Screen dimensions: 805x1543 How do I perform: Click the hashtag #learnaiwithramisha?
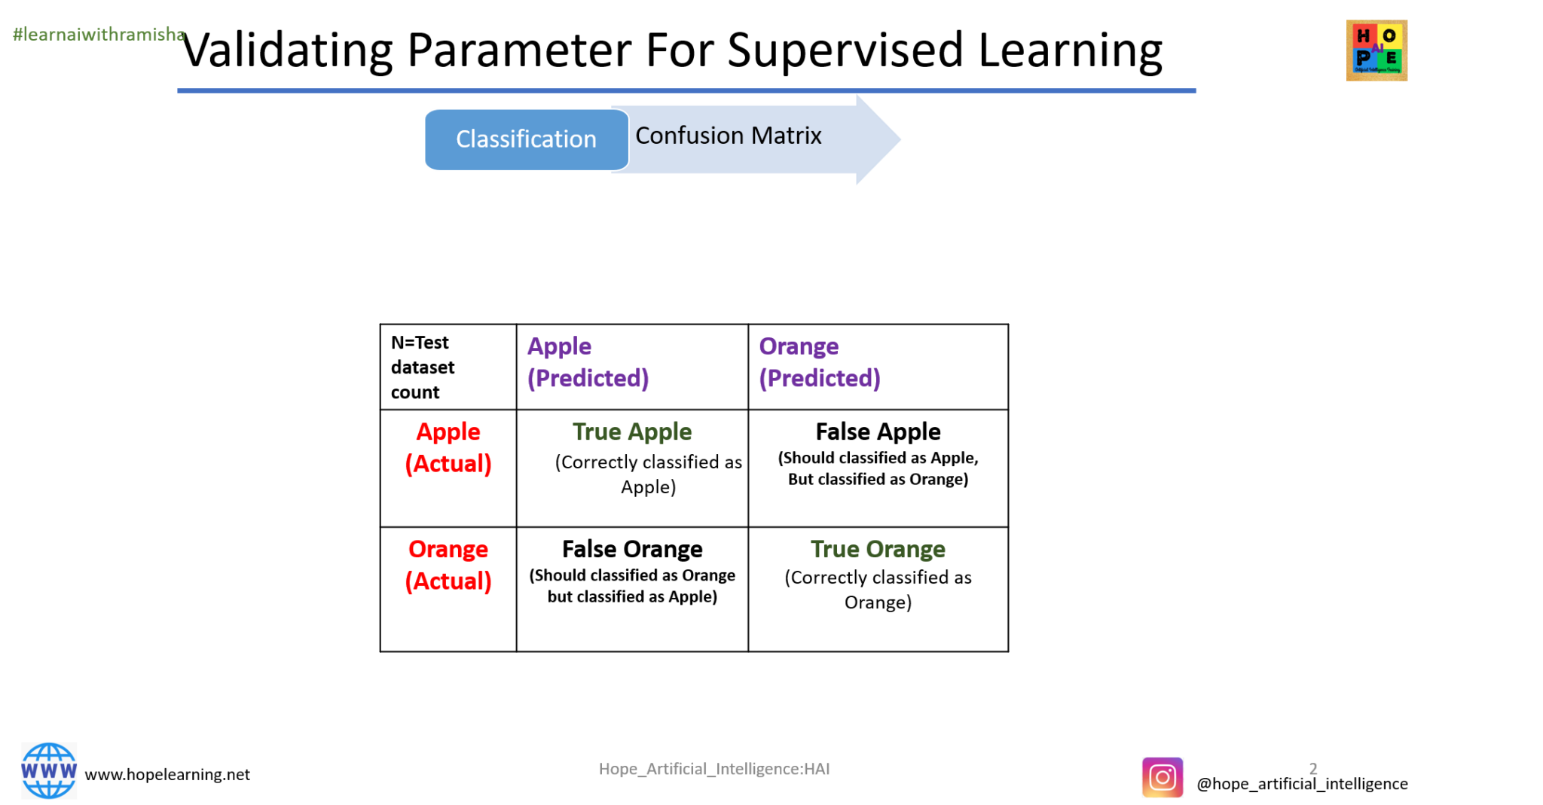click(99, 35)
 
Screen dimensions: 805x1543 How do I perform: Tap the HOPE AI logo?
click(1376, 50)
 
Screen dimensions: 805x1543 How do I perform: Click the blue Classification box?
click(526, 139)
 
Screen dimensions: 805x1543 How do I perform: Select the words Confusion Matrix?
click(728, 136)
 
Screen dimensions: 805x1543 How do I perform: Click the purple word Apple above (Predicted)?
click(559, 346)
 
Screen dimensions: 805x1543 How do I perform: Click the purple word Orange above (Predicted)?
click(798, 346)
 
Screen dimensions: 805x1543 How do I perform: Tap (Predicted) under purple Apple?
click(588, 378)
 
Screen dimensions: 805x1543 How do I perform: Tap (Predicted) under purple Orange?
click(819, 378)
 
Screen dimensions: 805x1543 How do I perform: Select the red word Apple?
click(448, 432)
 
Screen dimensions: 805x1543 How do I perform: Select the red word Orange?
click(448, 550)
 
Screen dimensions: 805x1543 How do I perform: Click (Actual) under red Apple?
click(448, 464)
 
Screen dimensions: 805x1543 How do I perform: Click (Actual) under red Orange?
click(448, 581)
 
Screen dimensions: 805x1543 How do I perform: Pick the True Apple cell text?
click(632, 432)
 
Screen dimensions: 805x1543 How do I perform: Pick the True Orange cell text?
click(877, 550)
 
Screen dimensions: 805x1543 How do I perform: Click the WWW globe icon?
click(49, 770)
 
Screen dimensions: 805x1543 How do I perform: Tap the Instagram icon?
click(1163, 777)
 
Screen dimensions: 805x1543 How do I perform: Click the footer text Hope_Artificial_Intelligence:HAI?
click(714, 769)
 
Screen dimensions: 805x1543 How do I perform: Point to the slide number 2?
click(1313, 769)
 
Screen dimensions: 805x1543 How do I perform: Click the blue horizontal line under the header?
click(686, 90)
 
